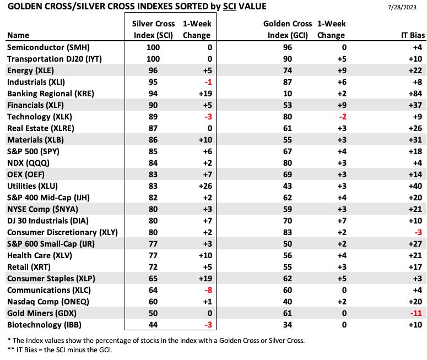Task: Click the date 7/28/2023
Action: (x=402, y=7)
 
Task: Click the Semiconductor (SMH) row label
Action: (x=48, y=47)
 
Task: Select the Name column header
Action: (x=18, y=35)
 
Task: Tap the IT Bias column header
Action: (x=413, y=35)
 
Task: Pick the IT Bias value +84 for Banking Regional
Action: (x=415, y=94)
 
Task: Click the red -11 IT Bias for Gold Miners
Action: (x=416, y=313)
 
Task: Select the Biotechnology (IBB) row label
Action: (x=44, y=325)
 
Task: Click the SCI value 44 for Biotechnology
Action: (x=153, y=325)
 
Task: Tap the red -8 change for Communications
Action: (x=208, y=290)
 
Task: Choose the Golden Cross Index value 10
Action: (x=287, y=94)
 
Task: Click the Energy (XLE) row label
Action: (x=30, y=70)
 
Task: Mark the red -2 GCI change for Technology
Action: (x=343, y=117)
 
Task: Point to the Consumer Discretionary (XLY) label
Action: (x=62, y=232)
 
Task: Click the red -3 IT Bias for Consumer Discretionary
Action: (x=418, y=232)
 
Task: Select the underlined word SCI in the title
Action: (x=230, y=6)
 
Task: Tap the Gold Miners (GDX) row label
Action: (x=42, y=313)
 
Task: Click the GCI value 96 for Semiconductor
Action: (x=287, y=47)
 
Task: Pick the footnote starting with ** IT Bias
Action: (x=60, y=350)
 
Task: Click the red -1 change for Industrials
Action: (x=208, y=82)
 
